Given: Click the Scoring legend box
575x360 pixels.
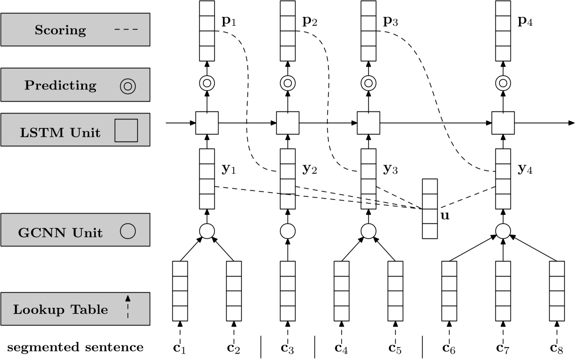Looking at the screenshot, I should point(75,30).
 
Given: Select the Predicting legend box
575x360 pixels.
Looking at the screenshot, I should point(75,85).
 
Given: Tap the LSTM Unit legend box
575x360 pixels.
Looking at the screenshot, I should point(75,130).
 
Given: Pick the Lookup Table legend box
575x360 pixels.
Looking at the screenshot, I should point(75,309).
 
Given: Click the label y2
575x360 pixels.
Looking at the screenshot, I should point(310,170).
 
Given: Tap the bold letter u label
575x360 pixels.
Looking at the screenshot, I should point(445,216).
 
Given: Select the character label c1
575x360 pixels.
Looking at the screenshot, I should point(180,347).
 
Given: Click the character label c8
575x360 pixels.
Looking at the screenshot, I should point(557,347).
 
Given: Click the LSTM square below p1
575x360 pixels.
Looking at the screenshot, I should point(207,123).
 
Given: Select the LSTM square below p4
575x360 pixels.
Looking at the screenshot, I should point(503,123).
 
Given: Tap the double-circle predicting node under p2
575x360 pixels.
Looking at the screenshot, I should point(287,83).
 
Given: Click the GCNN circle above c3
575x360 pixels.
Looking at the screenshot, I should point(287,231).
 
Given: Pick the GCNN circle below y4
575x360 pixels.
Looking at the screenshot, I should point(503,231).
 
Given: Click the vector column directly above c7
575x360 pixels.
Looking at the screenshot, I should point(503,291).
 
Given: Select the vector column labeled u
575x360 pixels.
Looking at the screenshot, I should point(430,208).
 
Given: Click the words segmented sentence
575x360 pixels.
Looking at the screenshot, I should point(75,347).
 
